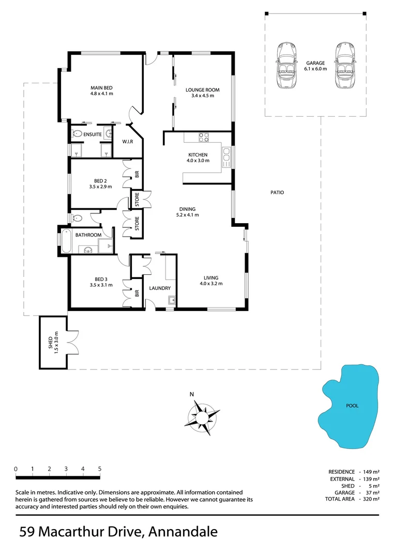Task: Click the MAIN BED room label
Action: click(x=102, y=88)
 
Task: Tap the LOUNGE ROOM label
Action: click(x=202, y=90)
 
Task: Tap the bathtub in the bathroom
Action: click(x=65, y=241)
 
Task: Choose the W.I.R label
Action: click(x=128, y=142)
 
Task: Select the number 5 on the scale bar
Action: click(x=99, y=469)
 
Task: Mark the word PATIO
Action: click(x=277, y=193)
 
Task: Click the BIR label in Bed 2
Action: click(x=137, y=175)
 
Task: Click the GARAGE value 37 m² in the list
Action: click(x=372, y=492)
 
